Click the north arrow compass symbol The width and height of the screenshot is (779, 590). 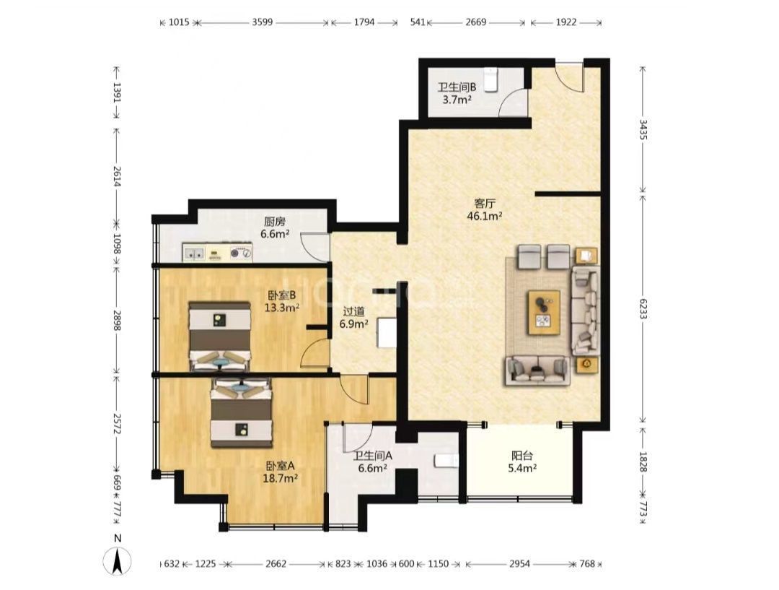[118, 561]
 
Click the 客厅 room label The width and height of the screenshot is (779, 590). [485, 204]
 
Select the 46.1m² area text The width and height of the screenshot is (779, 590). [485, 216]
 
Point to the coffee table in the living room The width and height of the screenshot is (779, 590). [544, 313]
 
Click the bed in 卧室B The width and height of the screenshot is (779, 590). [219, 337]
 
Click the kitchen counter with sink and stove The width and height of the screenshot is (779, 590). [217, 252]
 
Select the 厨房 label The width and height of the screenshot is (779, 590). [275, 222]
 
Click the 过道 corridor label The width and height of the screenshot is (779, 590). [353, 311]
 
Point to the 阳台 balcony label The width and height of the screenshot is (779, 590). [522, 455]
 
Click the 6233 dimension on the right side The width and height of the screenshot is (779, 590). [643, 309]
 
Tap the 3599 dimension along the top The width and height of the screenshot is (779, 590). [263, 22]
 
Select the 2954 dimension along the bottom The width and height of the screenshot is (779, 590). [519, 563]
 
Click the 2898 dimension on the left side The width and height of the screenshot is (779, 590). [118, 321]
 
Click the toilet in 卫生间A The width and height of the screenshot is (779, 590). [446, 461]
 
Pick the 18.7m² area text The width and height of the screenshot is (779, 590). [280, 478]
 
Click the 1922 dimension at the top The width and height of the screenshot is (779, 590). [566, 22]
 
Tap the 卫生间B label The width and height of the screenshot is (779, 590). [457, 87]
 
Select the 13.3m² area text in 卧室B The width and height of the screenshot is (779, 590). [282, 308]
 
